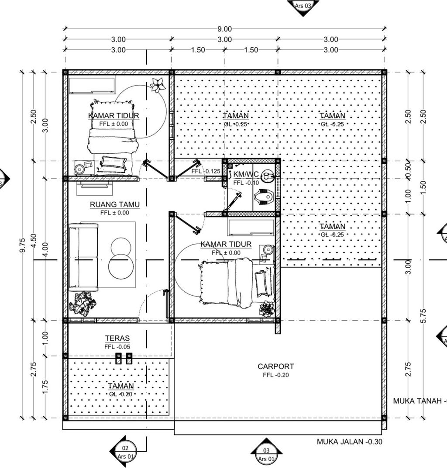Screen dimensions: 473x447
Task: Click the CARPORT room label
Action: (275, 366)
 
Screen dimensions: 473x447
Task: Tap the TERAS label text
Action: (117, 338)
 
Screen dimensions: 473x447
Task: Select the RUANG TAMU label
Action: (109, 204)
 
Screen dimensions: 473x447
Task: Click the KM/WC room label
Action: (246, 175)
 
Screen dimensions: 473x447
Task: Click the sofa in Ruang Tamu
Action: (83, 257)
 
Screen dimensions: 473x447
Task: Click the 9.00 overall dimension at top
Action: (224, 29)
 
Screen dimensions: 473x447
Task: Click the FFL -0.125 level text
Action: (206, 171)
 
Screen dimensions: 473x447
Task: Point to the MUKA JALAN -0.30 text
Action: (349, 442)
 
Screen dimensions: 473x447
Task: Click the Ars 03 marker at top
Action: (303, 6)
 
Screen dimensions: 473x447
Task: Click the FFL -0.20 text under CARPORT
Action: (276, 375)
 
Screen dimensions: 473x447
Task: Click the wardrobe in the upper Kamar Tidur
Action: (92, 86)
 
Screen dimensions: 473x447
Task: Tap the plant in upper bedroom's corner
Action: (158, 84)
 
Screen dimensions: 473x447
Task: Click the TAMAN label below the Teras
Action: (120, 386)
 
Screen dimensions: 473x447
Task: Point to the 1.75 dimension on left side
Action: (45, 387)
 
